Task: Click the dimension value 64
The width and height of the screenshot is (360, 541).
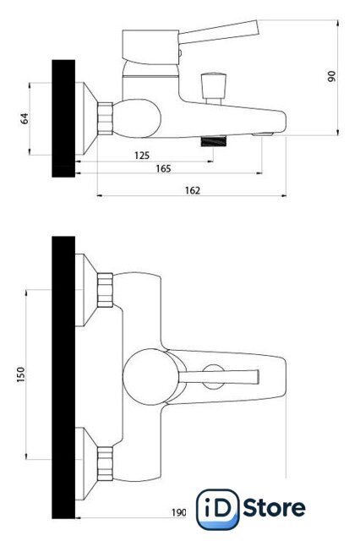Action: [x=25, y=118]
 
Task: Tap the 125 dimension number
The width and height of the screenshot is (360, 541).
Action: [x=142, y=156]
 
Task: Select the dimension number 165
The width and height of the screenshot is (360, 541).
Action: [x=163, y=168]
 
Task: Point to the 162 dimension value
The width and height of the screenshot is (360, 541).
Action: [x=193, y=190]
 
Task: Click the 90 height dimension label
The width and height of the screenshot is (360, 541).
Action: [x=332, y=76]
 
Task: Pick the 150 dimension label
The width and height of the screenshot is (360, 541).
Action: [x=20, y=374]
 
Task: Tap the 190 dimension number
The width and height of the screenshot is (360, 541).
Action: [x=179, y=513]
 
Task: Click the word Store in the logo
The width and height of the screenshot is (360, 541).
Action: [x=274, y=508]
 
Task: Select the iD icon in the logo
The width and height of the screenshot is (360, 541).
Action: [x=217, y=509]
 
